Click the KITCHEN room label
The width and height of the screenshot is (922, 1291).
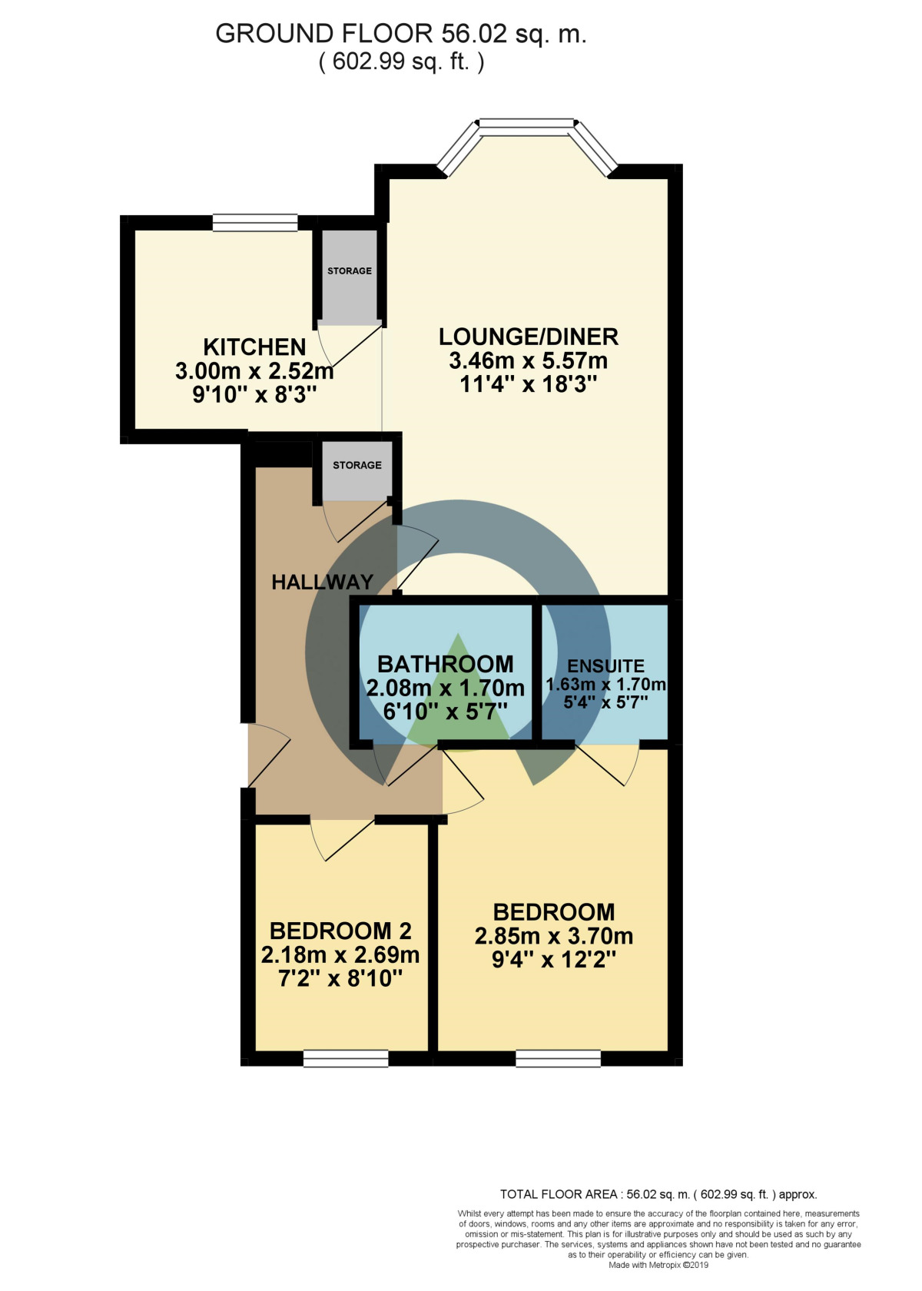point(254,347)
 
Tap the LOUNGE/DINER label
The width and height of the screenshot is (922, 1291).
point(529,337)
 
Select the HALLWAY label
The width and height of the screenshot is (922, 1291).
point(323,582)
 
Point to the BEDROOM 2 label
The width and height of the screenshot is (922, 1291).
point(340,931)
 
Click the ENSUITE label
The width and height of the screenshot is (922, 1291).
point(605,666)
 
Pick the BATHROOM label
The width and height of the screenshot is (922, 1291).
point(446,664)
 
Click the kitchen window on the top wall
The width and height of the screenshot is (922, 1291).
point(255,223)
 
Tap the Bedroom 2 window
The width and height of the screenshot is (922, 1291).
point(346,1059)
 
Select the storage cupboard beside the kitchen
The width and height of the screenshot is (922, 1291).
point(350,277)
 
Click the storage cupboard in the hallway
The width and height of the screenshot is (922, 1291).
point(357,471)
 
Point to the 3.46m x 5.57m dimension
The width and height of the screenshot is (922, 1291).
point(529,360)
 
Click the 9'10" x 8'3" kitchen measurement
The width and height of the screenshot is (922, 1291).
point(254,395)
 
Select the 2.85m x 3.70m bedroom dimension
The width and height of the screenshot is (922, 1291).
point(554,936)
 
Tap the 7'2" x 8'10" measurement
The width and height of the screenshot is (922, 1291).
point(340,978)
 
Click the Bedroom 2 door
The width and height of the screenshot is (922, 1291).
point(342,839)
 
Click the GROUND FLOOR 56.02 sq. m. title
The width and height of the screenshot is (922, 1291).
point(401,34)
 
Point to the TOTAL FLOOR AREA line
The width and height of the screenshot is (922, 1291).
point(658,1194)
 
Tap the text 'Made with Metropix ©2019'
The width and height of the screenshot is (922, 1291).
point(658,1265)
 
